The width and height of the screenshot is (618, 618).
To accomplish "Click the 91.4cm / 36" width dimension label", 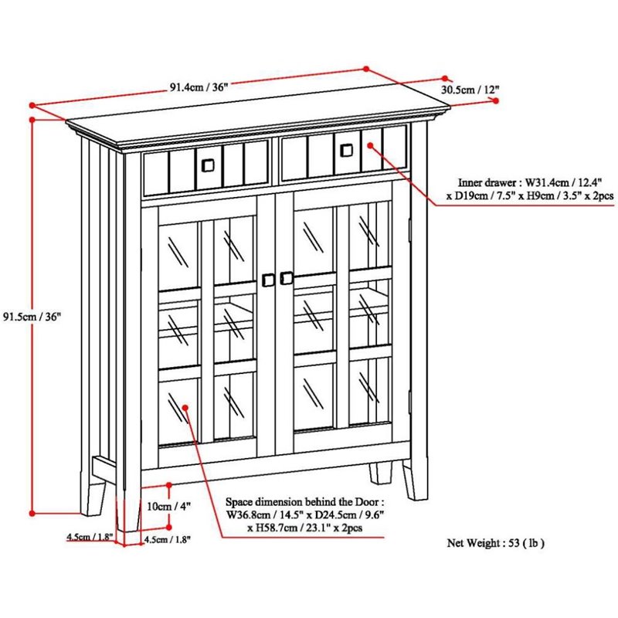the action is pos(199,87).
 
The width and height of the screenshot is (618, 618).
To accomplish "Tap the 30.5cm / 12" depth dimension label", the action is pos(470,90).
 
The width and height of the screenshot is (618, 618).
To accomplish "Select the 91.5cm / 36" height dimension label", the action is pos(32,317).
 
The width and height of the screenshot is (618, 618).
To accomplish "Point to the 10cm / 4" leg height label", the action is pos(168,506).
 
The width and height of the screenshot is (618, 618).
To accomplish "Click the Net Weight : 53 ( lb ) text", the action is pos(495,543).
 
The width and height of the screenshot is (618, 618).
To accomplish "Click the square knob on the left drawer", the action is pos(208,165).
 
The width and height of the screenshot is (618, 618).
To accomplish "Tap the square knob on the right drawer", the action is pos(346,150).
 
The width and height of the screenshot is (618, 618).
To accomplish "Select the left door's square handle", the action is pos(268,280).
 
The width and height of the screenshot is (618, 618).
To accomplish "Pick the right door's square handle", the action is pos(287,278).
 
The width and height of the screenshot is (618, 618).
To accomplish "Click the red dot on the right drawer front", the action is pos(371,145).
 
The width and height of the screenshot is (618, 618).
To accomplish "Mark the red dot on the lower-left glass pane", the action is pos(185,407).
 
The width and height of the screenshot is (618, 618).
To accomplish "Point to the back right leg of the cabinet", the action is pos(380,473).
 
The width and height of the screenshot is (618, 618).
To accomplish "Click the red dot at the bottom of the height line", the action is pos(32,513).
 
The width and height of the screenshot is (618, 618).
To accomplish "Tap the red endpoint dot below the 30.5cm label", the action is pos(496,101).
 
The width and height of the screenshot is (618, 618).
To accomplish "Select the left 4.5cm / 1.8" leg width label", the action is pos(90,537).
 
